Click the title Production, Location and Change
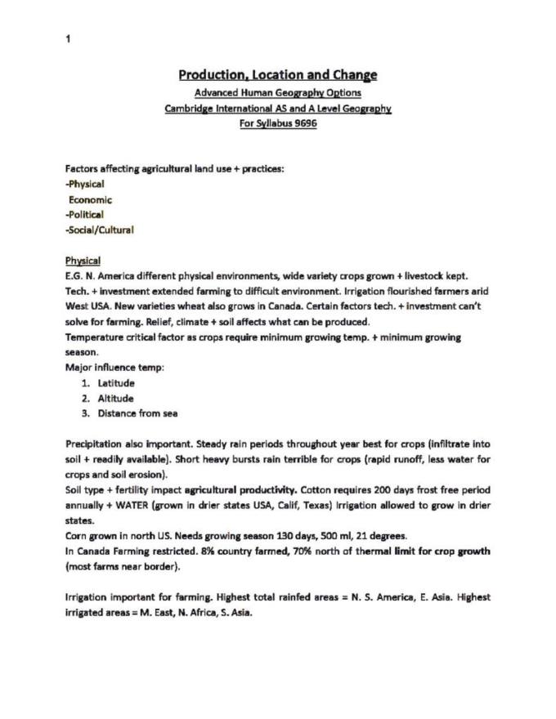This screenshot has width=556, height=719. pyautogui.click(x=278, y=75)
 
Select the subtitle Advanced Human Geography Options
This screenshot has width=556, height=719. pyautogui.click(x=278, y=92)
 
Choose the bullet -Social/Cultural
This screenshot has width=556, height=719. pyautogui.click(x=99, y=230)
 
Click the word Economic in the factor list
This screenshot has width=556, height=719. pyautogui.click(x=91, y=199)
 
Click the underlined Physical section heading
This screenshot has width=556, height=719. pyautogui.click(x=83, y=261)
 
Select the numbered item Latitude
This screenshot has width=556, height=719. pyautogui.click(x=116, y=382)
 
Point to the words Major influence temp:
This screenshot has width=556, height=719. pyautogui.click(x=114, y=368)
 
